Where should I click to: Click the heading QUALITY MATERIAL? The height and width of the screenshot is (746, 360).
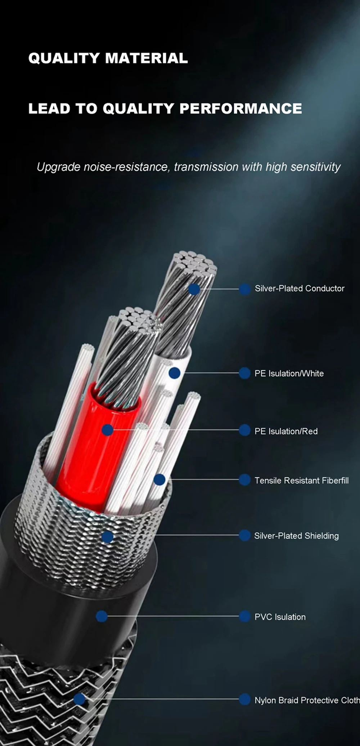[108, 58]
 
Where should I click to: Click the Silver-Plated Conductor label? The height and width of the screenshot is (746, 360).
[300, 289]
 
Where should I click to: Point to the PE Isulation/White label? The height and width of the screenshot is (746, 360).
[289, 374]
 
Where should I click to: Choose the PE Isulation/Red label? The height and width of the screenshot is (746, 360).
[286, 431]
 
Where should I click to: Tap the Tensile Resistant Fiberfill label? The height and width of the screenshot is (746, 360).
[302, 481]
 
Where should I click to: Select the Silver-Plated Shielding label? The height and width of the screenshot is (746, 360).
[296, 536]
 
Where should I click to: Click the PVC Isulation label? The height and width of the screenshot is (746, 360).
[280, 617]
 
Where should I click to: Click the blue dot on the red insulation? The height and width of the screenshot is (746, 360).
[107, 430]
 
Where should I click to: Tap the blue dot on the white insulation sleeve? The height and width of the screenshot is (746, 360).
[174, 373]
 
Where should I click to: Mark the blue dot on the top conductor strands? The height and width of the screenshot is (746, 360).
[194, 289]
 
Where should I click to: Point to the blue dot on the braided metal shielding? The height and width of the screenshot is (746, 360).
[107, 537]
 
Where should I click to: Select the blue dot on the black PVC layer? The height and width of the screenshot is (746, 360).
[102, 616]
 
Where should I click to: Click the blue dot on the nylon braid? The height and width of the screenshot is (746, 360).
[79, 700]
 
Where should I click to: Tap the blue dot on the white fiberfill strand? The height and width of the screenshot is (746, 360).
[159, 479]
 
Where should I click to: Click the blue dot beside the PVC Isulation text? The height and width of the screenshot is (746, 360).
[245, 616]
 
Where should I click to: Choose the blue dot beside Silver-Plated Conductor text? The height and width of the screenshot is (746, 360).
[245, 289]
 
